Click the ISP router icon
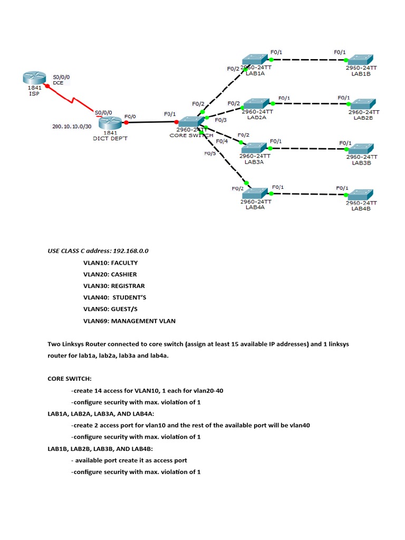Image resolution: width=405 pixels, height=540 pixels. (x=34, y=78)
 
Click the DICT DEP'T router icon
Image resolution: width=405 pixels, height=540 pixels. (x=110, y=122)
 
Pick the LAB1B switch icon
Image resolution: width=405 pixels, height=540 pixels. (x=361, y=60)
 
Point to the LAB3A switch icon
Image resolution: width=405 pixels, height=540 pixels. (x=255, y=148)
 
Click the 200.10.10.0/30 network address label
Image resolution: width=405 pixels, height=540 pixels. (x=72, y=127)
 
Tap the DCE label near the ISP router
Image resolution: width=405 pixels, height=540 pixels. (x=58, y=83)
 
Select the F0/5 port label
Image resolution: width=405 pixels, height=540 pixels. (x=210, y=153)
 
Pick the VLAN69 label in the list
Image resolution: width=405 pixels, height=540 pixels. (x=96, y=321)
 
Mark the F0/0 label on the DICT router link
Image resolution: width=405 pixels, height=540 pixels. (x=130, y=117)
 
